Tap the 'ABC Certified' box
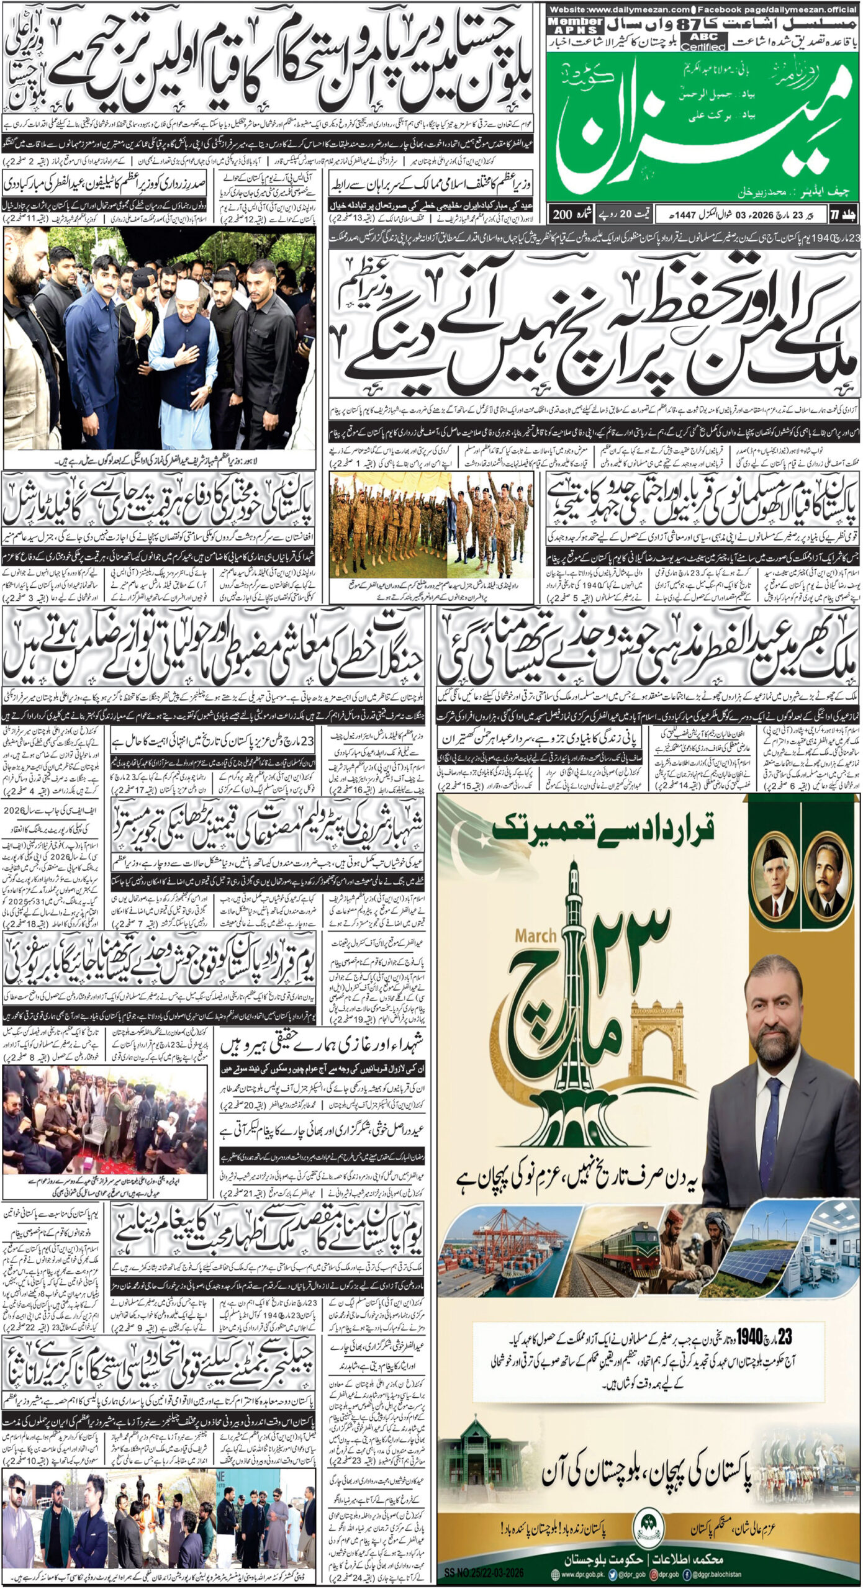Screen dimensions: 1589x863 tap(704, 42)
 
